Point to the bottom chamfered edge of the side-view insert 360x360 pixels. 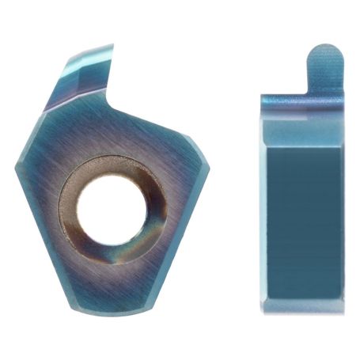click(x=305, y=307)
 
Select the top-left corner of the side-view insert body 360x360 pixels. click(x=262, y=96)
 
